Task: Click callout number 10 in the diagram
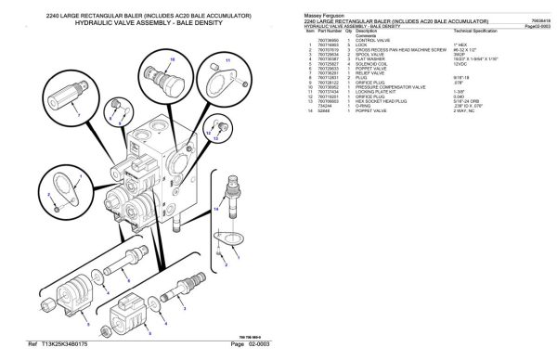(x=171, y=58)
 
